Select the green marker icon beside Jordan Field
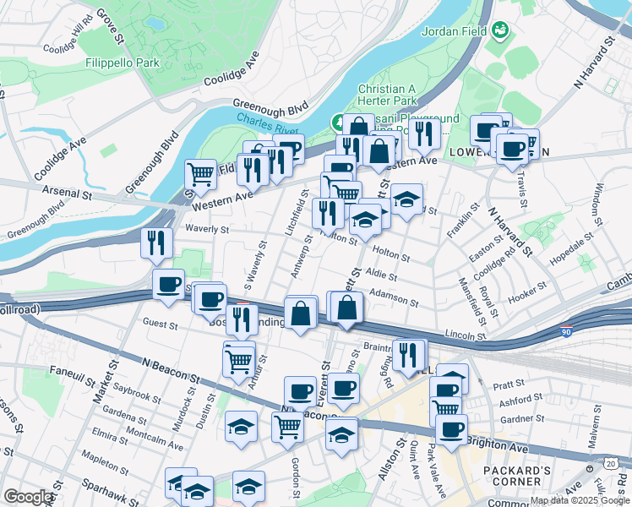coord(501,31)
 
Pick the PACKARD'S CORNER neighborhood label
coord(517,476)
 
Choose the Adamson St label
coord(393,295)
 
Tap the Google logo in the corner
coord(28,496)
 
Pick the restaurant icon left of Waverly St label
coord(156,244)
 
